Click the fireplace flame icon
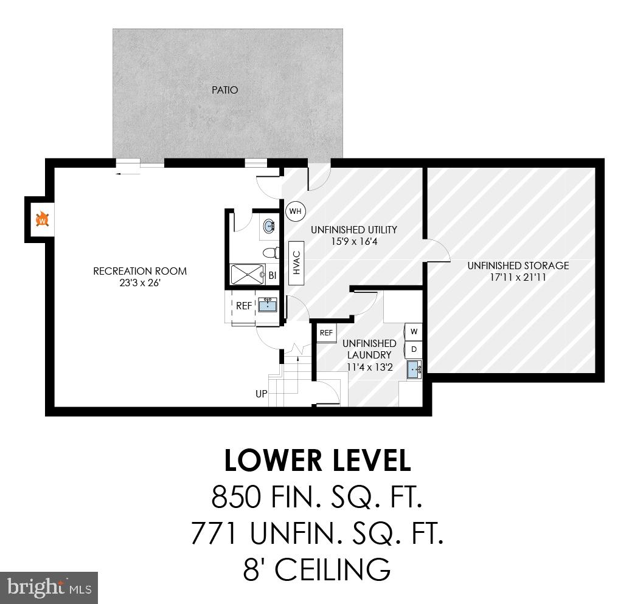42,218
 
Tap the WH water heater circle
296,211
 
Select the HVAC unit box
297,263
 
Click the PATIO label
224,90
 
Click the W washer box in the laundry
414,332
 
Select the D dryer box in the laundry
414,349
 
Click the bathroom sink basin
269,227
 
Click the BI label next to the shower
273,275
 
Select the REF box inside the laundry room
327,332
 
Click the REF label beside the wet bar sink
244,306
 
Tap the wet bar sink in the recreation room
268,305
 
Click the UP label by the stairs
262,394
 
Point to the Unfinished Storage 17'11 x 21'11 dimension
518,277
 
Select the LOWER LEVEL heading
317,461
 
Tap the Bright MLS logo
49,588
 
